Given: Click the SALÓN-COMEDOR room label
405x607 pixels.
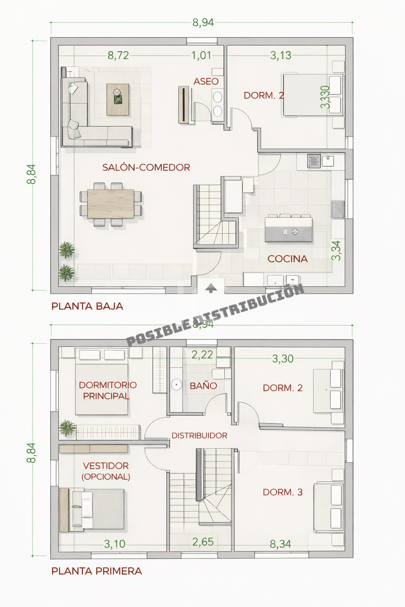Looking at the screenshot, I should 146,168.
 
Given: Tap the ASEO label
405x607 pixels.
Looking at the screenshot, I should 206,81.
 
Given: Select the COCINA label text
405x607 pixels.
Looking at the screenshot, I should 288,259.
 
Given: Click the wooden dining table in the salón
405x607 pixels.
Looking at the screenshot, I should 111,204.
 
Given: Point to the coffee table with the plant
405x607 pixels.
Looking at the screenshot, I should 118,99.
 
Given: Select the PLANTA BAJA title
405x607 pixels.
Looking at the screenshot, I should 87,306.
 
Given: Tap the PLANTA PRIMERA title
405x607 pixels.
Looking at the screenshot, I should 97,571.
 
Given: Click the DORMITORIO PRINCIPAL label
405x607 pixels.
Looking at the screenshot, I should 108,390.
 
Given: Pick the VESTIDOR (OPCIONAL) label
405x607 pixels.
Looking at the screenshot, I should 106,471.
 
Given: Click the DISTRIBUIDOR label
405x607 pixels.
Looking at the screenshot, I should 199,435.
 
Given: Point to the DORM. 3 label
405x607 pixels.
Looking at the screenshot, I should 283,492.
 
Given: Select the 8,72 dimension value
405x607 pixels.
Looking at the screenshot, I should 118,56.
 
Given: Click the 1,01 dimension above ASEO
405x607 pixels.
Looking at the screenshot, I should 201,56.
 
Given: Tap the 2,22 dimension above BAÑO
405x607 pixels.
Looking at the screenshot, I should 202,355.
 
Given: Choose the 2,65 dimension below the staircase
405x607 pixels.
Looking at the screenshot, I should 203,542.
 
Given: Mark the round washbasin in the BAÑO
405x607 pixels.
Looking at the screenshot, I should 176,384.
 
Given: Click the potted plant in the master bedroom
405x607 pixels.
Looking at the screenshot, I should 67,428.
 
